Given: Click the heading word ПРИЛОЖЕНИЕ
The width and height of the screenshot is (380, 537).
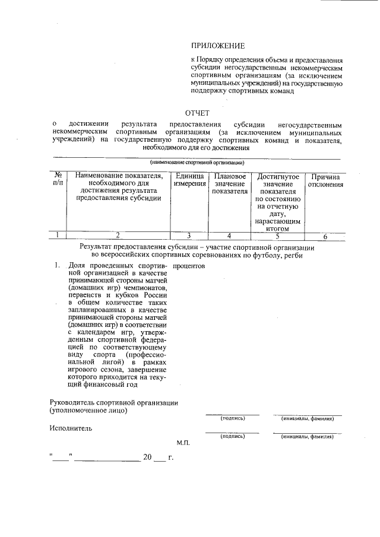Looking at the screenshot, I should tap(217, 46).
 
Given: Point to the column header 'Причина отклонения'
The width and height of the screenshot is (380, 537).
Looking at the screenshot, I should tap(325, 180).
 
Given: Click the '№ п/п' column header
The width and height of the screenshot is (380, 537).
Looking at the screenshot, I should tap(58, 180).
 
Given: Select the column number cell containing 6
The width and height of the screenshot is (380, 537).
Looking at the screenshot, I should tap(325, 236).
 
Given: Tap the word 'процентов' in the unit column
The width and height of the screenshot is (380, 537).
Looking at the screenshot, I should tap(189, 266).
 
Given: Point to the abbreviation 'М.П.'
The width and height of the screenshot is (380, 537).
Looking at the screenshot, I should tap(182, 443).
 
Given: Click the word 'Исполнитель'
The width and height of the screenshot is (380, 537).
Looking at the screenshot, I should tap(71, 427).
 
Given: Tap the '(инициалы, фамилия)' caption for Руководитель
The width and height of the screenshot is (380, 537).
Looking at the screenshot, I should tap(307, 418).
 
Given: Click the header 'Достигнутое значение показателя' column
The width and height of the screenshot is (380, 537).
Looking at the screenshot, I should tap(277, 202).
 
